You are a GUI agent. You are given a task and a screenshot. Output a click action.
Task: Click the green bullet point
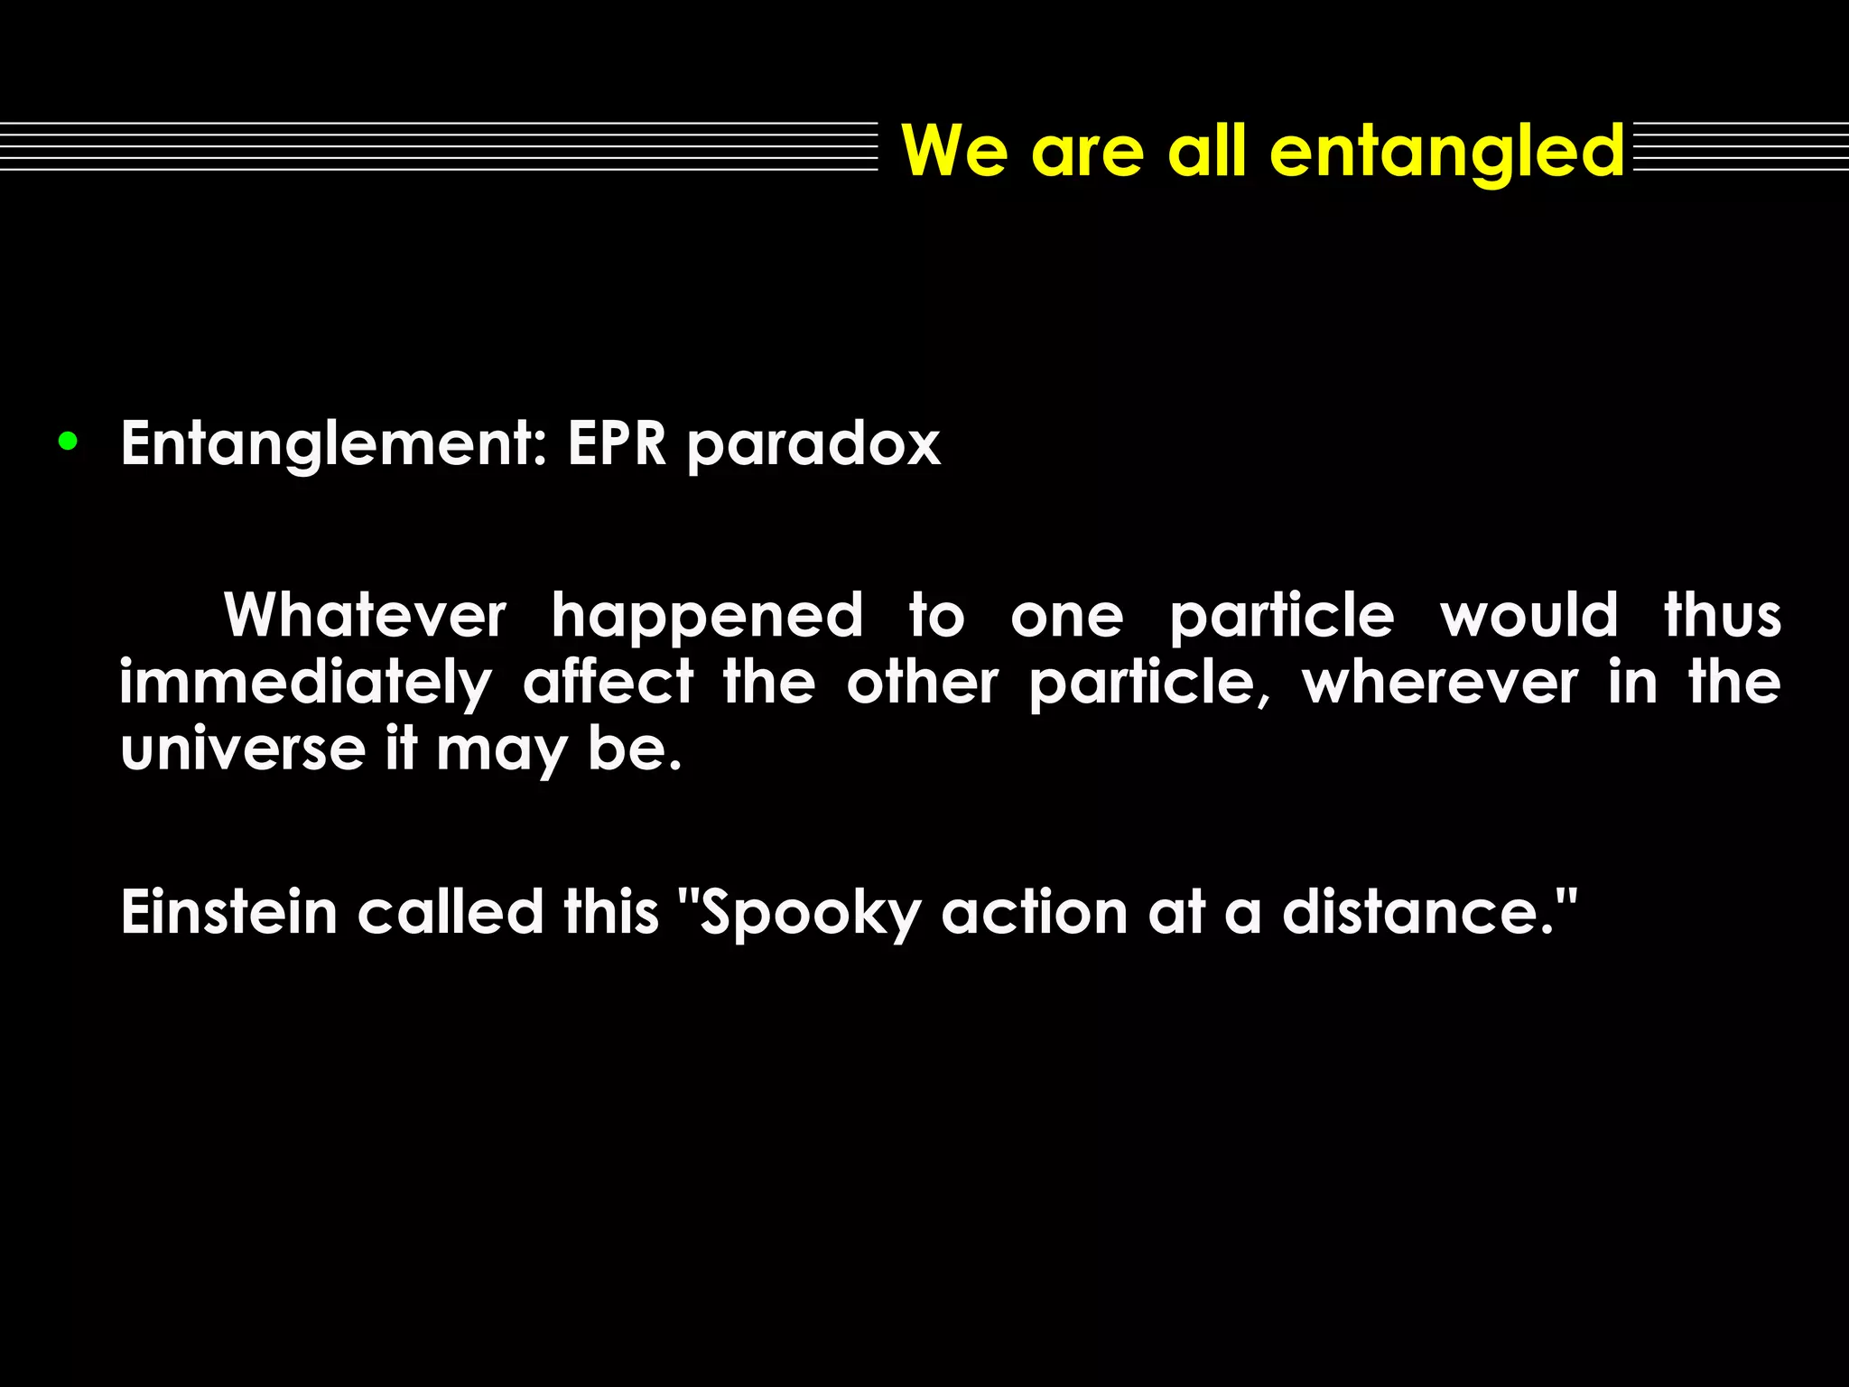[x=67, y=442]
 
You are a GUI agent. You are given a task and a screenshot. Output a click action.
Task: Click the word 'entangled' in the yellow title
[x=1447, y=151]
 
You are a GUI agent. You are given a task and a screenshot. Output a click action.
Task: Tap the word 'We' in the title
[x=954, y=151]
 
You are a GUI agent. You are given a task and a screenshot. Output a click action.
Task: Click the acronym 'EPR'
[x=617, y=444]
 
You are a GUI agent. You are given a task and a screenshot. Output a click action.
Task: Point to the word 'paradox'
[x=813, y=446]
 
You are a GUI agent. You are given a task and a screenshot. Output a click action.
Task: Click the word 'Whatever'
[x=365, y=616]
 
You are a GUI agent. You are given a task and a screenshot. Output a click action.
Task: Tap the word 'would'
[x=1528, y=616]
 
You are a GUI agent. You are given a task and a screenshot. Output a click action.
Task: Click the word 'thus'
[x=1723, y=616]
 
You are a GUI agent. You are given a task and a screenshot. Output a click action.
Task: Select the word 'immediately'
[x=306, y=684]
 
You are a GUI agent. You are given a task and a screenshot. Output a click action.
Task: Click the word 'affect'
[x=609, y=683]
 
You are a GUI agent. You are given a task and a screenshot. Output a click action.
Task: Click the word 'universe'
[x=242, y=749]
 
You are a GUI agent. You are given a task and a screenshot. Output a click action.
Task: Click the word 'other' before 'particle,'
[x=922, y=683]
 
